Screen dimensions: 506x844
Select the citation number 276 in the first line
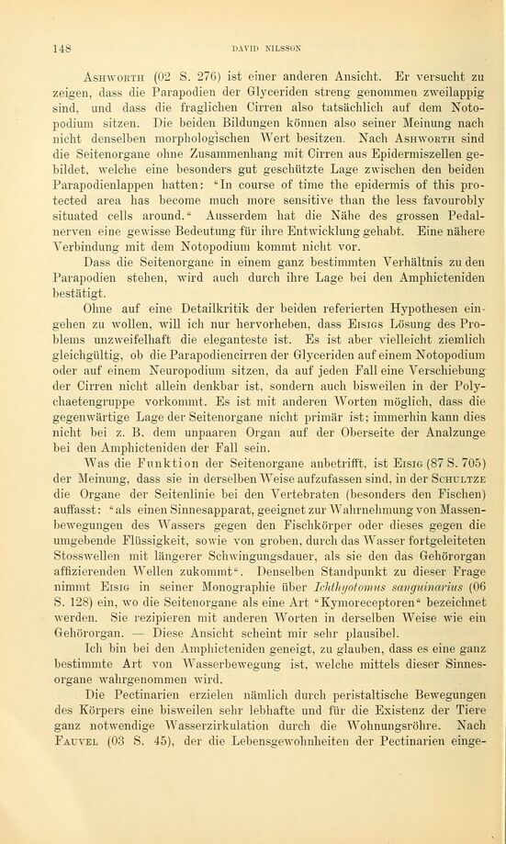point(200,76)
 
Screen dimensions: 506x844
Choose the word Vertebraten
point(297,501)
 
